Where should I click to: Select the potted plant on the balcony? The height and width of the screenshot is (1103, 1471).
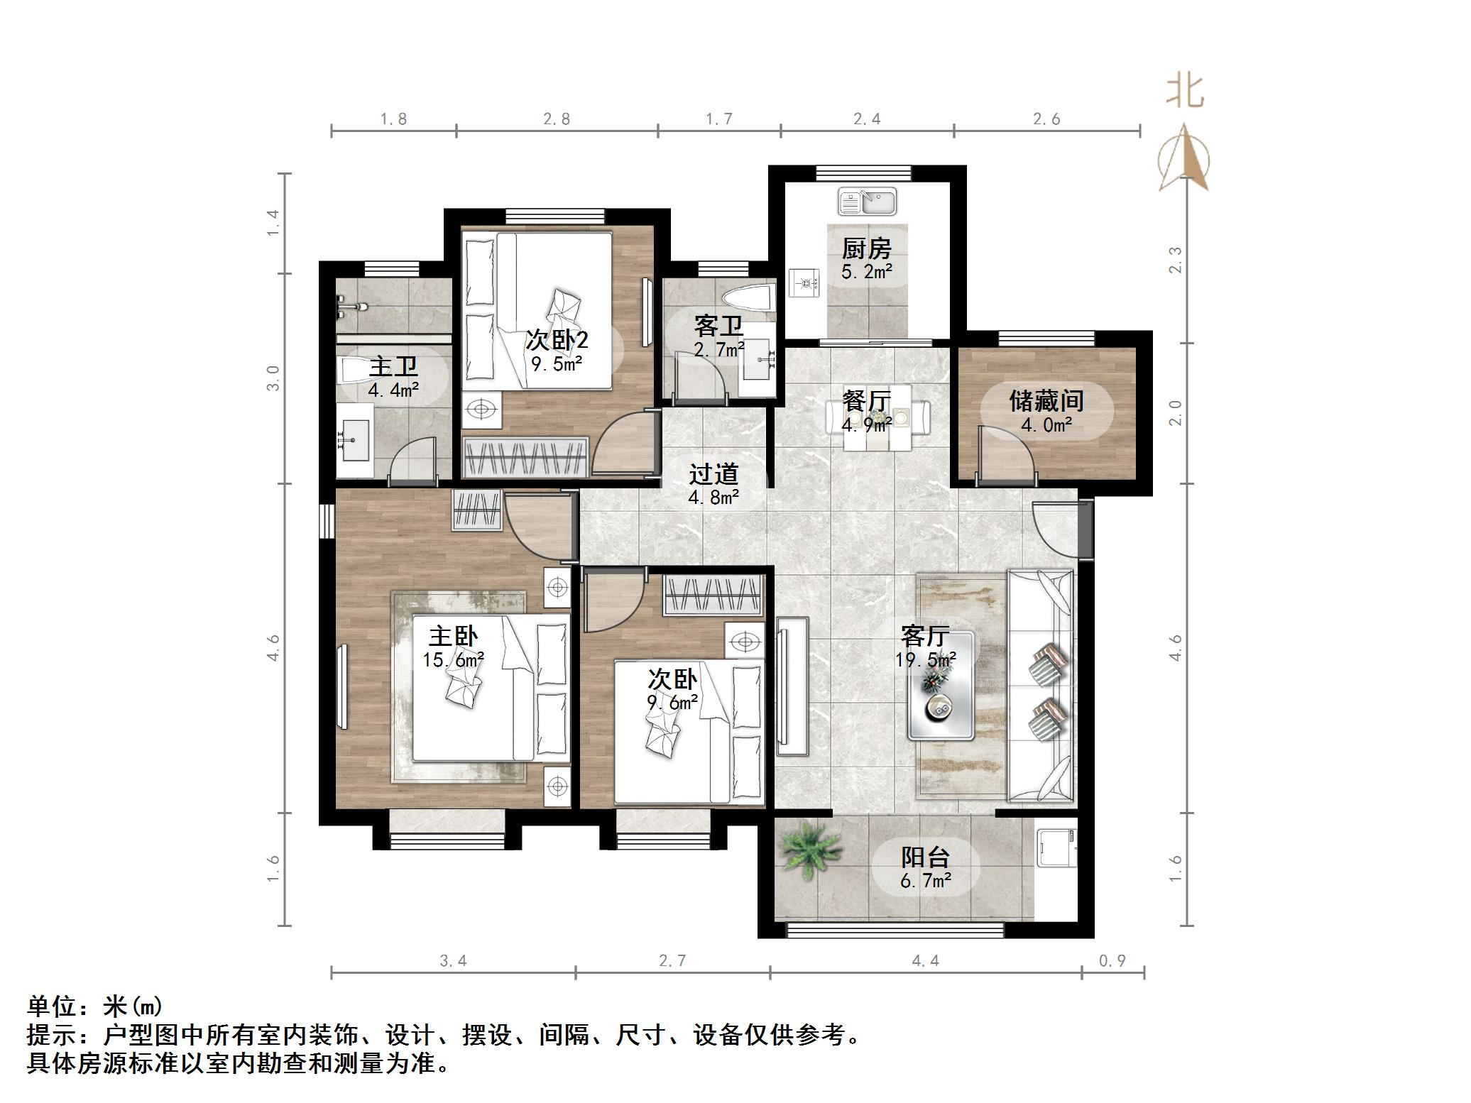click(809, 850)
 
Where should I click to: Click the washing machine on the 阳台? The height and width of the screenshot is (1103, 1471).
click(1057, 848)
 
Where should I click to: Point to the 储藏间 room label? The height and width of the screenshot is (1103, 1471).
click(1046, 402)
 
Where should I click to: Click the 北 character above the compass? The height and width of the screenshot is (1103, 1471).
click(1184, 92)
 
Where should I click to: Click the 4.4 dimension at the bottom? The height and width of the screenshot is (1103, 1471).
click(925, 961)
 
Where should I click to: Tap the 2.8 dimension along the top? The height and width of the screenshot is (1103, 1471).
click(557, 119)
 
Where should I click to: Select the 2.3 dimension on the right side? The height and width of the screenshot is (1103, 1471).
click(1176, 259)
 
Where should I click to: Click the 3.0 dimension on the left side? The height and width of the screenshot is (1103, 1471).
click(273, 378)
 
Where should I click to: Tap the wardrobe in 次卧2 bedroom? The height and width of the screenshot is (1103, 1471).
click(525, 457)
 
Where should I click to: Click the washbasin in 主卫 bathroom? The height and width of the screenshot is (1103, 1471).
click(354, 438)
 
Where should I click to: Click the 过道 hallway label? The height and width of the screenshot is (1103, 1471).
click(713, 474)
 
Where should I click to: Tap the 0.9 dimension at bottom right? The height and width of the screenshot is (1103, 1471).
click(1112, 961)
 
